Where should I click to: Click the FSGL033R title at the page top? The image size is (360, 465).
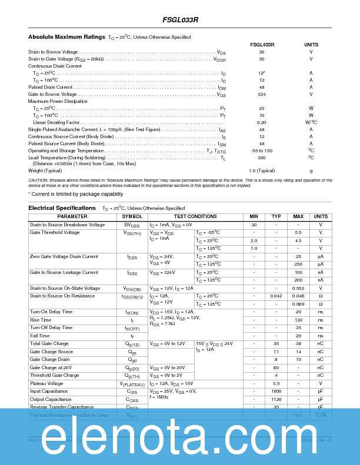point(180,19)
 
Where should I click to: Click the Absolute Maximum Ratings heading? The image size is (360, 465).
point(66,37)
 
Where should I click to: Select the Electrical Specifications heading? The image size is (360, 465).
point(62,208)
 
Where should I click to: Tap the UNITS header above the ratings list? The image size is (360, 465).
point(311,45)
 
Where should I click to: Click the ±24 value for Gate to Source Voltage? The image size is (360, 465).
point(262,94)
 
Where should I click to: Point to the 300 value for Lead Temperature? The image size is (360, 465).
point(262,158)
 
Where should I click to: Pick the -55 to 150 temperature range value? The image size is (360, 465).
point(262,150)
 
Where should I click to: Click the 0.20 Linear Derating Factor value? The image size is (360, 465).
point(262,122)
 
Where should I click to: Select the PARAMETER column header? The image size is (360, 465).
point(72,217)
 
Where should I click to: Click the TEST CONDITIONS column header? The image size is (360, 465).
point(195,217)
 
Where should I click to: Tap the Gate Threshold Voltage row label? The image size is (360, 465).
point(55,232)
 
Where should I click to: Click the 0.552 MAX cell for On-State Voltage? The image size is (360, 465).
point(298,288)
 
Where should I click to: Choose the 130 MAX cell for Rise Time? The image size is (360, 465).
point(298,320)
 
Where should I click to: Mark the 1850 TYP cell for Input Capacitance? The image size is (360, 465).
point(276,391)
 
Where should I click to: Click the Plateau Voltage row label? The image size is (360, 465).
point(47,383)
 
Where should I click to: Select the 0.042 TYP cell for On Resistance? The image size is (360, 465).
point(276,296)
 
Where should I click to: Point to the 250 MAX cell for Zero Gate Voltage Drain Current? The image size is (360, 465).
point(298,264)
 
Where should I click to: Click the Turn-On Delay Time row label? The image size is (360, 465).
point(51,312)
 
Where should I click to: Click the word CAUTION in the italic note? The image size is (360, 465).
point(38,180)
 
